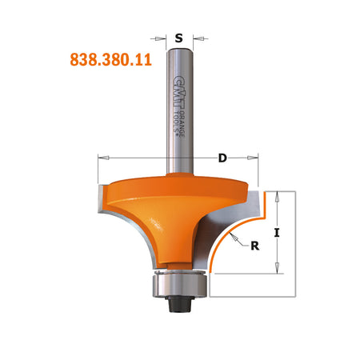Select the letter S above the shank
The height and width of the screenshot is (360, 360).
click(x=178, y=37)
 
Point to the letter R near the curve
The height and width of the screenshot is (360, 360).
click(x=254, y=246)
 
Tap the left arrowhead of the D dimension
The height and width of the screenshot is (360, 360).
click(x=102, y=158)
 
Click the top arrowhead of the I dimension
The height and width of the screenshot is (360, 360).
click(x=276, y=194)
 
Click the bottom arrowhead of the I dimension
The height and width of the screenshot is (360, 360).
click(x=276, y=270)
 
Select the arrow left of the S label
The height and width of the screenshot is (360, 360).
click(x=160, y=37)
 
